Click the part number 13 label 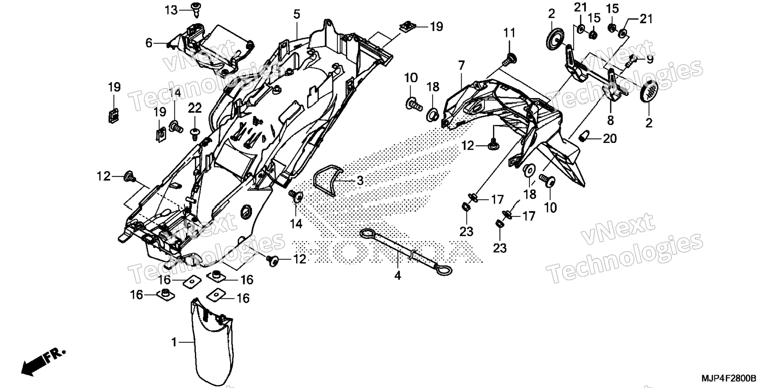click(171, 10)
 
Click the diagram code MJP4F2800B click(729, 378)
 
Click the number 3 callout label click(360, 181)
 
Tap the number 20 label click(609, 139)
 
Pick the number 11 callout click(509, 33)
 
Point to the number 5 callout click(296, 14)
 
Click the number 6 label click(149, 43)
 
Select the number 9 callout click(650, 59)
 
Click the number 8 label click(610, 120)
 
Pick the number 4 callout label click(397, 276)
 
